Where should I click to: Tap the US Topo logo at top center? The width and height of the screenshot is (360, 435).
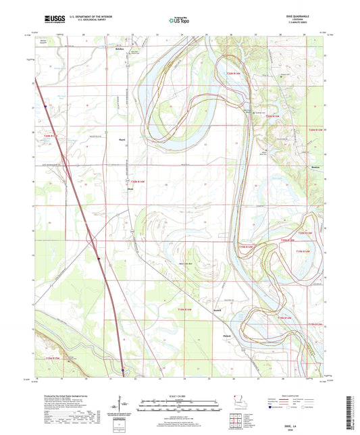(x=178, y=21)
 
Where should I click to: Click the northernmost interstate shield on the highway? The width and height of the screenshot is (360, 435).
(x=45, y=106)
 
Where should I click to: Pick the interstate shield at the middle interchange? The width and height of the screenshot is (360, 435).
(x=99, y=257)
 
